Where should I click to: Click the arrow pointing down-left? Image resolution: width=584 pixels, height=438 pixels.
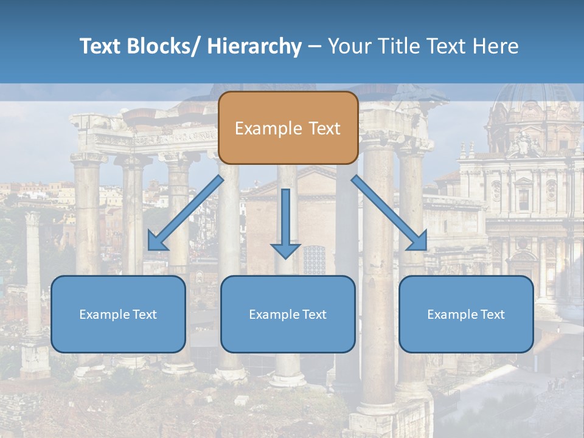186,213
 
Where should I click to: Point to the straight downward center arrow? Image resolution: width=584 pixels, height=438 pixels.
285,219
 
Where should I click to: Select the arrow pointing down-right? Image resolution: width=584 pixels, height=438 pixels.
389,213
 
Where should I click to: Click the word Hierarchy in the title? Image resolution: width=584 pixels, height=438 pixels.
254,46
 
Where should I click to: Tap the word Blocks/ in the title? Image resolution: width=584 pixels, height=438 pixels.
161,46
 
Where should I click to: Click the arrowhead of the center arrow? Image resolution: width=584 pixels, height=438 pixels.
285,250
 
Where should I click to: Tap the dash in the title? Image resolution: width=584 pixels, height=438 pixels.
315,46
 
